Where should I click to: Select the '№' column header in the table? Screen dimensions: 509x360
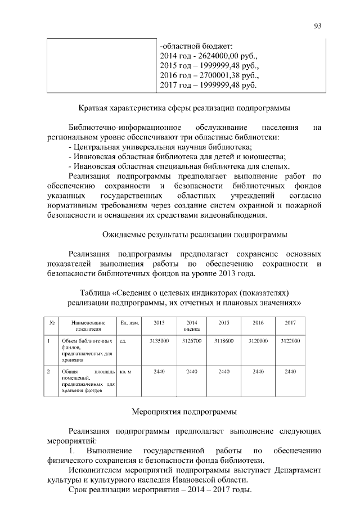[52, 323]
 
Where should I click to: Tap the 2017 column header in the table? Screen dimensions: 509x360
[290, 323]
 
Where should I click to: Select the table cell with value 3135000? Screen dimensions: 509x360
[159, 341]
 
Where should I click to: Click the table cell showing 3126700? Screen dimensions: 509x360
[192, 341]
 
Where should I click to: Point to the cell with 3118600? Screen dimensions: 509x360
[224, 341]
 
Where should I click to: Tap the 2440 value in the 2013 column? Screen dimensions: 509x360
[159, 372]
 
